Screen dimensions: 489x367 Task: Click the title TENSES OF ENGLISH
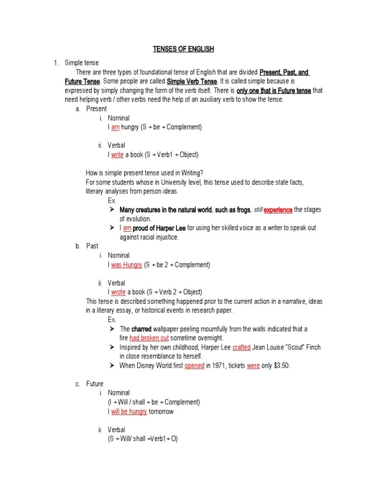(183, 49)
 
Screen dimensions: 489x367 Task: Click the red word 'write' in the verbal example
(117, 155)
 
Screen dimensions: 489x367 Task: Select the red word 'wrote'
(118, 292)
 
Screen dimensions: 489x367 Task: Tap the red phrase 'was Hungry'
(126, 265)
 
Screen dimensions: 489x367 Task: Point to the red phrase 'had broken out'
(149, 338)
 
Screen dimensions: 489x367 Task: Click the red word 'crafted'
(241, 347)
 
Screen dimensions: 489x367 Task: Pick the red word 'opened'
(194, 366)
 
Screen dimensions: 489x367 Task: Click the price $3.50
(281, 366)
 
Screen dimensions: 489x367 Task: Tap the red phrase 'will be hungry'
(129, 412)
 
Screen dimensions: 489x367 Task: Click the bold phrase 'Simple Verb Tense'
(191, 81)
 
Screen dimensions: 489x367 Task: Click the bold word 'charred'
(141, 329)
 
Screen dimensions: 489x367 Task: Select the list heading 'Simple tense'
(81, 63)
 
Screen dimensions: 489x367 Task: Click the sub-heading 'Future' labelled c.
(95, 383)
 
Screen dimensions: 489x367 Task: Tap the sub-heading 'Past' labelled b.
(92, 246)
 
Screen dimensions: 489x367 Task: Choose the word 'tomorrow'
(161, 412)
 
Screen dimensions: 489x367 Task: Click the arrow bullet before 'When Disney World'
(112, 366)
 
